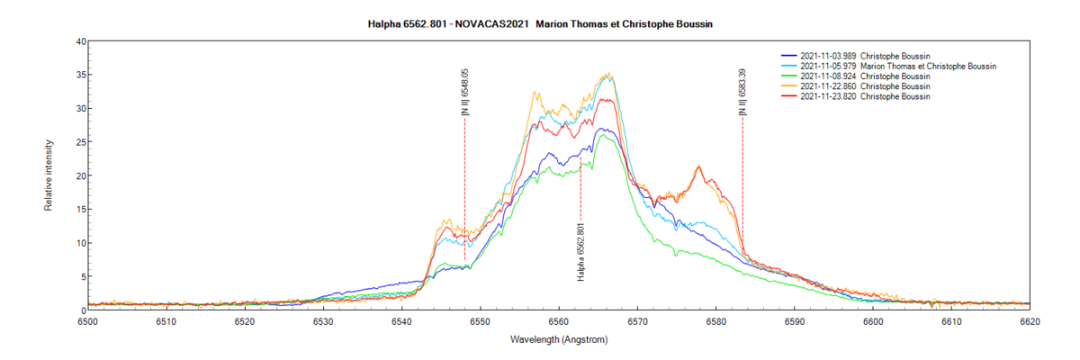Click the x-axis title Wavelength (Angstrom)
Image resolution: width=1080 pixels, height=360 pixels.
(559, 339)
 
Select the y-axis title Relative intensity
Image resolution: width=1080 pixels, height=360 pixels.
(49, 175)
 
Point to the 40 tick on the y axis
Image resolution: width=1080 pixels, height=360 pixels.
(80, 41)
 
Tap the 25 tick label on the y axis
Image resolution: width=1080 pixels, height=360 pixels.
(80, 142)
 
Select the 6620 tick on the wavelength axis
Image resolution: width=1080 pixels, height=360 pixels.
(1030, 320)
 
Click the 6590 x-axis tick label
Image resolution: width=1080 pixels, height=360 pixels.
(794, 320)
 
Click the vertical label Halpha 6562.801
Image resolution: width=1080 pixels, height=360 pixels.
(580, 251)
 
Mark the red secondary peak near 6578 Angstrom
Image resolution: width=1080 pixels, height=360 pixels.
(698, 166)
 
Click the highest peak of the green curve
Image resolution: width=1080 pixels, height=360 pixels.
(601, 135)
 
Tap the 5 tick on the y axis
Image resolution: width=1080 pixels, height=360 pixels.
(80, 277)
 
